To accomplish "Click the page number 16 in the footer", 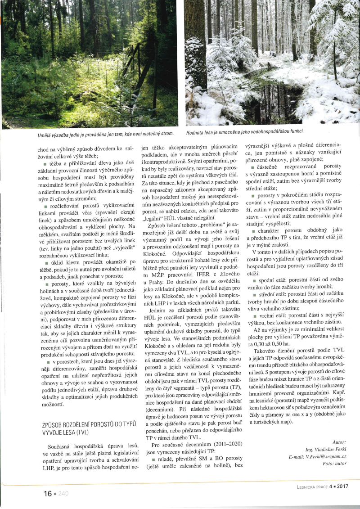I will tap(47, 493).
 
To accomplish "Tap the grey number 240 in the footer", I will tap(63, 494).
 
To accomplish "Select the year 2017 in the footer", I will tap(342, 486).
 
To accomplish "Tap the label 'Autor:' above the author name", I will tap(340, 442).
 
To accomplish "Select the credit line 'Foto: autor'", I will tap(335, 463).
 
